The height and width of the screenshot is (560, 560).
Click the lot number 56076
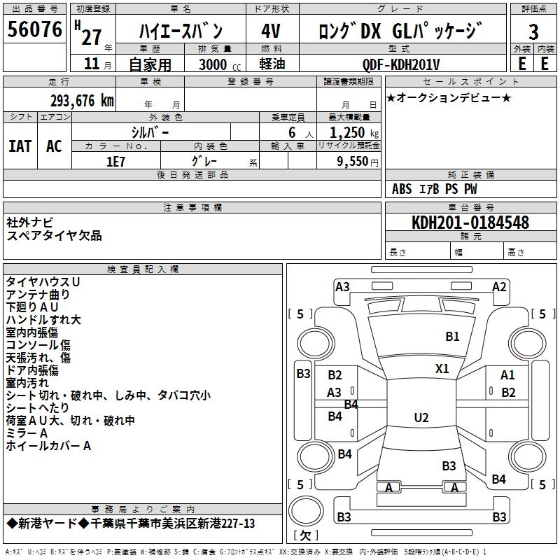(34, 29)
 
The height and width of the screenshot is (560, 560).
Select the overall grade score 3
(533, 31)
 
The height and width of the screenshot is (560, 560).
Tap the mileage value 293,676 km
(82, 100)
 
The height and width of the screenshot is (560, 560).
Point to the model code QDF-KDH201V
(400, 64)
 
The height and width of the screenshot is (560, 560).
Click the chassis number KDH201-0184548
(470, 222)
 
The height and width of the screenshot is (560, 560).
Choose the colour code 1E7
(115, 162)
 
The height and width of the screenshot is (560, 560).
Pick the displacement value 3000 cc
(220, 64)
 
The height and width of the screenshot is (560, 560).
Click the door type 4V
(271, 31)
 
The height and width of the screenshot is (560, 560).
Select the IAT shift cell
(20, 146)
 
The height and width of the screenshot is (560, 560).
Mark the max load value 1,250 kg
(354, 133)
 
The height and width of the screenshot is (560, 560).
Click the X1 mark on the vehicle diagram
(442, 368)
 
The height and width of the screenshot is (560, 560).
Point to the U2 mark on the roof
(421, 417)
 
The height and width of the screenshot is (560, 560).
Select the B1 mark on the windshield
(452, 336)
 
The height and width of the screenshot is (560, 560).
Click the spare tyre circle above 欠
(306, 510)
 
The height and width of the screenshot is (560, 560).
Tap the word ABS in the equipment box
(402, 189)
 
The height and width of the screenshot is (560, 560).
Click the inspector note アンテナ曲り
(38, 294)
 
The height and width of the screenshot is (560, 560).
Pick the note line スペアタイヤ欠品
(54, 236)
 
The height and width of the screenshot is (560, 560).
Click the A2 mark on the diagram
(499, 287)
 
